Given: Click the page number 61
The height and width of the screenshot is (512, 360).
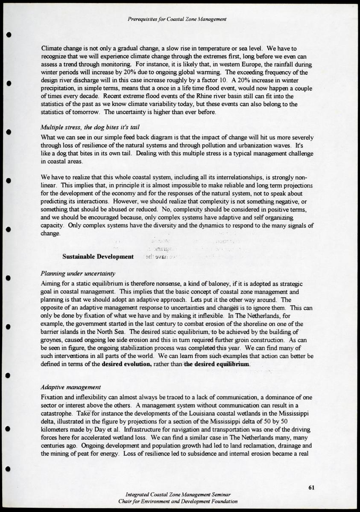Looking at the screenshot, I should pyautogui.click(x=311, y=488).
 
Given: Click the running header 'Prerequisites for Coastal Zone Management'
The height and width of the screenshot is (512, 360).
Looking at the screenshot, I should pyautogui.click(x=177, y=19).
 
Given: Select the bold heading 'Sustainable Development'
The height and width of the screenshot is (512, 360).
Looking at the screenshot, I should pyautogui.click(x=98, y=256).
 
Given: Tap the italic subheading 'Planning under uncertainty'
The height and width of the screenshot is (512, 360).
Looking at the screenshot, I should pyautogui.click(x=78, y=273).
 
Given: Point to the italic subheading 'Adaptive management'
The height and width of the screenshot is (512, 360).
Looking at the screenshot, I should pyautogui.click(x=70, y=387).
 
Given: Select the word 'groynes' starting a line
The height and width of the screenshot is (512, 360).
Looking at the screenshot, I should pyautogui.click(x=52, y=340).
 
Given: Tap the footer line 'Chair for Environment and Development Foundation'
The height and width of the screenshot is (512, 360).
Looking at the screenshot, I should pyautogui.click(x=178, y=501).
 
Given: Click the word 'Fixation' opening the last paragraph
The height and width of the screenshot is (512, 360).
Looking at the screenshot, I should pyautogui.click(x=52, y=397).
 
